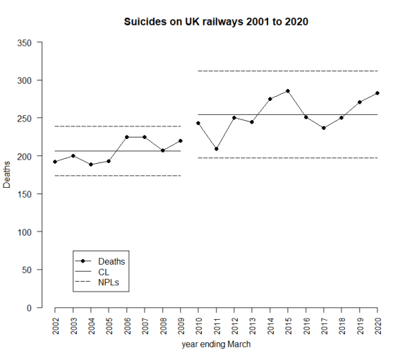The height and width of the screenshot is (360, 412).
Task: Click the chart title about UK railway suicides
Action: [216, 22]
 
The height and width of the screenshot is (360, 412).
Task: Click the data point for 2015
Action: [288, 91]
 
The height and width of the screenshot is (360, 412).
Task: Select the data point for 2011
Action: [216, 149]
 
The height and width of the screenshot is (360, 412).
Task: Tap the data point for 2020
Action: [377, 93]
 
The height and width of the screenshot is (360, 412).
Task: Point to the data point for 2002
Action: [55, 162]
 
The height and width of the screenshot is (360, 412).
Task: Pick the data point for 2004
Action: [91, 164]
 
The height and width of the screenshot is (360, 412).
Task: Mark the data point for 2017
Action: [324, 128]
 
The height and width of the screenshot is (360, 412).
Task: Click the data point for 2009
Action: [181, 140]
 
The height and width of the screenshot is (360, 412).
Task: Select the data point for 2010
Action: [198, 123]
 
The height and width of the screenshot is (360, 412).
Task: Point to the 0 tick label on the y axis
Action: [30, 308]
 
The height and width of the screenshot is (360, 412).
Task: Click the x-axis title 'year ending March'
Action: [216, 345]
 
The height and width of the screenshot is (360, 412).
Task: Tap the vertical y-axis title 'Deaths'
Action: [8, 175]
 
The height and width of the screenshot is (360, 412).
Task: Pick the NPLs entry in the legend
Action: [109, 282]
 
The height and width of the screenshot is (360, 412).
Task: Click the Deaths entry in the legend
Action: [111, 261]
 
